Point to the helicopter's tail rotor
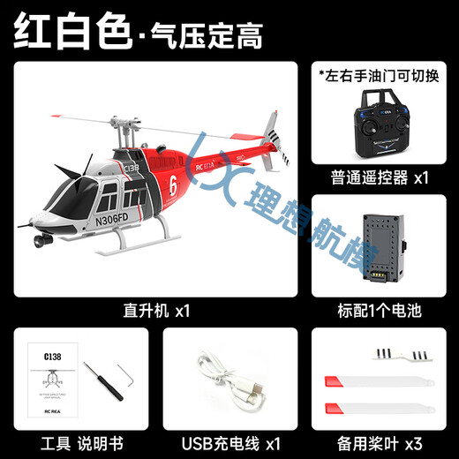pyautogui.click(x=276, y=141)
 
